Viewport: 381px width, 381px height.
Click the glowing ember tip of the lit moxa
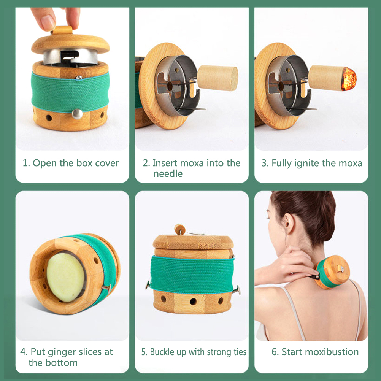tap(349, 79)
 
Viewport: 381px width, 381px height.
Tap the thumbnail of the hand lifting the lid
tap(72, 79)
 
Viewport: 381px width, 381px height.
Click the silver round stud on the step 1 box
tap(77, 114)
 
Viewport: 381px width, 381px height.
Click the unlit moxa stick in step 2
tap(217, 78)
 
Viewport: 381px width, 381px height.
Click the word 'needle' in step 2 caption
tap(168, 174)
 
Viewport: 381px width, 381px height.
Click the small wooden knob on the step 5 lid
tap(180, 229)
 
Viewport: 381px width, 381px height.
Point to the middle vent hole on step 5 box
tap(193, 302)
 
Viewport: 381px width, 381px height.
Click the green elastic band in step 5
tap(192, 275)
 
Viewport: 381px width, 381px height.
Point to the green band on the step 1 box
tap(70, 92)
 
